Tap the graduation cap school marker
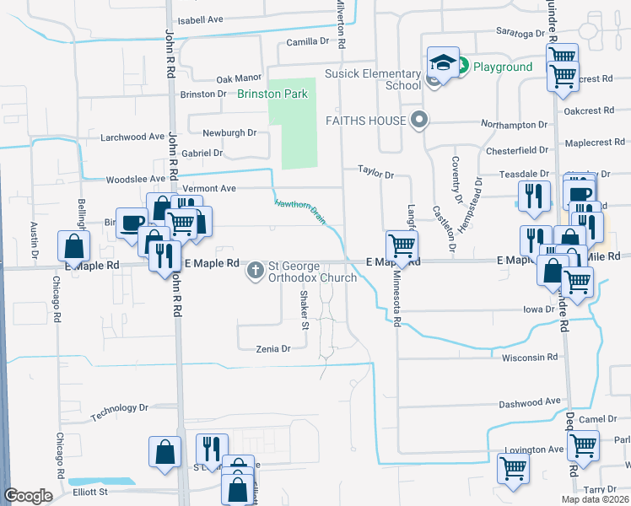[x=442, y=62]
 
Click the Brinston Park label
[x=272, y=94]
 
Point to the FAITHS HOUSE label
[x=366, y=121]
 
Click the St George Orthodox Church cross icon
[x=255, y=272]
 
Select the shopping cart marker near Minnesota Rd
[x=402, y=246]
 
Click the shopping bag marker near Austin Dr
[x=74, y=247]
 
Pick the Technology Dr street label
[x=119, y=408]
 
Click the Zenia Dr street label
[x=273, y=347]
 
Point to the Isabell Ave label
[x=199, y=19]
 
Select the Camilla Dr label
[x=307, y=40]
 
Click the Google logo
[x=29, y=496]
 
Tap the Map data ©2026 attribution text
[x=595, y=499]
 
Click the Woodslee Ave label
[x=135, y=180]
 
